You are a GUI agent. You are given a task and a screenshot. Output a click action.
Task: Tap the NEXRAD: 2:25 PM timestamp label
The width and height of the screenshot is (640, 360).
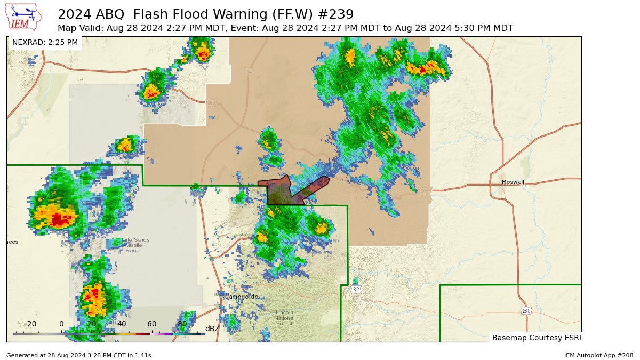point(45,42)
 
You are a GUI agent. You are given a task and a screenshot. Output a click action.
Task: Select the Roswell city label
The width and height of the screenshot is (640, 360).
point(513,182)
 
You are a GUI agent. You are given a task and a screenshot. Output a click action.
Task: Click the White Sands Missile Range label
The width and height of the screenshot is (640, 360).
point(133,245)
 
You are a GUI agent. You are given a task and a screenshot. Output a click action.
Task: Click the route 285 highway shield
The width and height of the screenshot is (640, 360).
point(526,310)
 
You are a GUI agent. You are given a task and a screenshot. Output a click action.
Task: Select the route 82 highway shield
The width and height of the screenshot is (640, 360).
point(356,289)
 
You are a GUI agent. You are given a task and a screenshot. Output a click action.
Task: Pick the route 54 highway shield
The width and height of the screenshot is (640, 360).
point(249,71)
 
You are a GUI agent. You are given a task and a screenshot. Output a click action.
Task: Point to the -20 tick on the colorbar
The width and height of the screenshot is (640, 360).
point(31,324)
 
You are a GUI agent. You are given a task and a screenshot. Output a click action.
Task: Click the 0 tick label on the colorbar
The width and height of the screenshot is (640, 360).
point(61,324)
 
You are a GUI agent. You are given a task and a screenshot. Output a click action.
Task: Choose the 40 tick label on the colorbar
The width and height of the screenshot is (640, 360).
point(122,324)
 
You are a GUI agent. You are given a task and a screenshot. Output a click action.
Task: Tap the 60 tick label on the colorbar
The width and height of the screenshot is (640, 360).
point(152,324)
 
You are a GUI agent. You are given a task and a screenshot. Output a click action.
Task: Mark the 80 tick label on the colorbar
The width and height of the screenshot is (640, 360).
point(182,324)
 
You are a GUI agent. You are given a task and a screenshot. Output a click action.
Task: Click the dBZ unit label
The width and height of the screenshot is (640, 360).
point(212,329)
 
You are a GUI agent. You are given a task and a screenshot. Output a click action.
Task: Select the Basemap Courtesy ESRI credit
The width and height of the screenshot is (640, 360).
point(536,338)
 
